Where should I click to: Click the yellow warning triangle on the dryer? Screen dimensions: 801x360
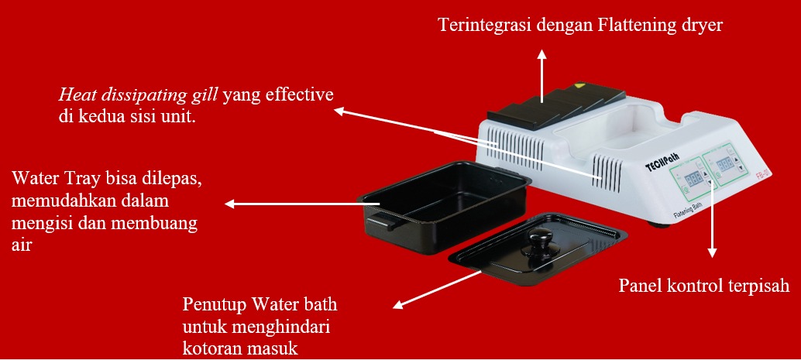[x=579, y=85]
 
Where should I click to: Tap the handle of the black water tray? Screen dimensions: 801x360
[x=378, y=222]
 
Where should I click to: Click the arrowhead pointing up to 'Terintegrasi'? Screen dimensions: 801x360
[x=542, y=55]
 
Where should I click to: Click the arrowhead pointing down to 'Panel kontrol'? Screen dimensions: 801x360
[x=712, y=252]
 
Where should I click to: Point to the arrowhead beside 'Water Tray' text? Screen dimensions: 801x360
[x=230, y=204]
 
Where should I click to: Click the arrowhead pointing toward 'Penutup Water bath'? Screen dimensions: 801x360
[x=399, y=305]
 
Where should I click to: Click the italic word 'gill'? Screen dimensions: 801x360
[x=208, y=96]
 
